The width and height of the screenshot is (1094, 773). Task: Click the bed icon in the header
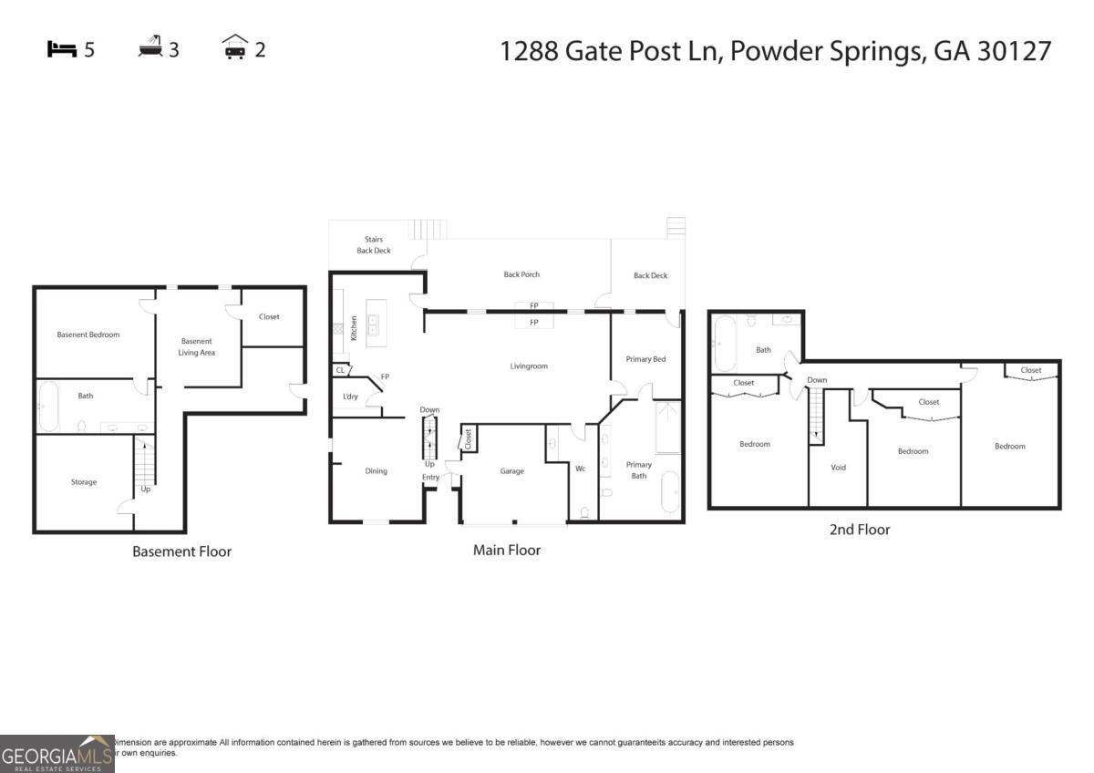[62, 49]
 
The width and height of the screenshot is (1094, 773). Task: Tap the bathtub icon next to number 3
[150, 47]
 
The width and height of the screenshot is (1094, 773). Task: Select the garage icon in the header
[235, 47]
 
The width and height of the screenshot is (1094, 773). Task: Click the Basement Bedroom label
[88, 335]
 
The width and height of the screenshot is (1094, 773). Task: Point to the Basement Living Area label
[196, 346]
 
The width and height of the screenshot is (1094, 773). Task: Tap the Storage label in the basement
[84, 482]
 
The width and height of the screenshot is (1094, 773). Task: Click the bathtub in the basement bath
[48, 407]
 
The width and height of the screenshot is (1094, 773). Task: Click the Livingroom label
[529, 366]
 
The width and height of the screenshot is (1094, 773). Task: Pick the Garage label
[511, 471]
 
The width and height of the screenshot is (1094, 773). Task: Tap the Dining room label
[377, 471]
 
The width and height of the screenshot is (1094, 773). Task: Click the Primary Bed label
[645, 359]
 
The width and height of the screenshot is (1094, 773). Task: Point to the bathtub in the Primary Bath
[670, 491]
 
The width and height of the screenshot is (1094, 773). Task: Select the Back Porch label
[522, 274]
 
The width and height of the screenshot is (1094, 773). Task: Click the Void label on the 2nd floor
[839, 468]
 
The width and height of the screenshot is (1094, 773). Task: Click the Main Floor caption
[507, 550]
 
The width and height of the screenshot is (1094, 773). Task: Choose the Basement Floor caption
[181, 551]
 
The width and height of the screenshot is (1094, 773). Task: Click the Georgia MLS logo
[57, 754]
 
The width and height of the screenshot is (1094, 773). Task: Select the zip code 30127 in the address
[1014, 51]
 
